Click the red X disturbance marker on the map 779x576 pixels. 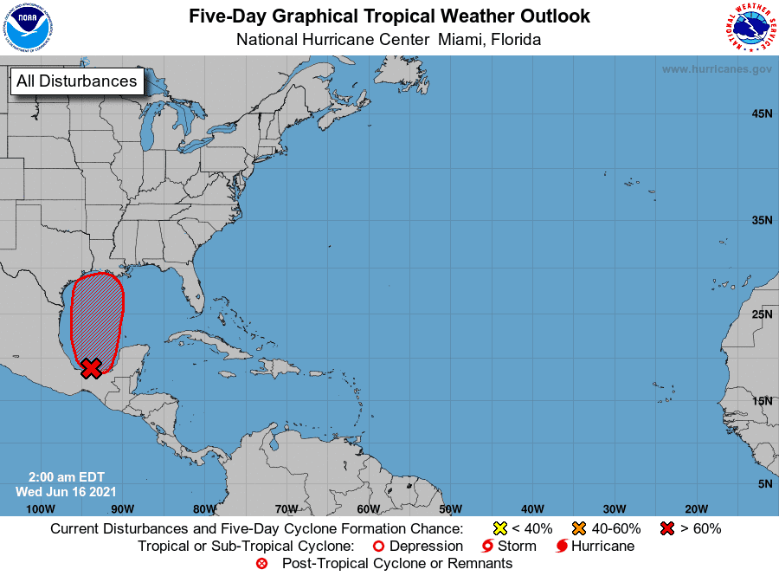[x=91, y=368]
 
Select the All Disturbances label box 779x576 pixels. [x=76, y=81]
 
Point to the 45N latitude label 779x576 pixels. [x=762, y=113]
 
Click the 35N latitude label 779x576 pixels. [x=762, y=221]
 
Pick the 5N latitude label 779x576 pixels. [x=765, y=483]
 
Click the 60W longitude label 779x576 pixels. [x=367, y=508]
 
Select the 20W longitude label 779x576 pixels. [x=696, y=508]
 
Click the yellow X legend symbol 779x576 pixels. [x=499, y=528]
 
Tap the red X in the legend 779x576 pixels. [x=666, y=528]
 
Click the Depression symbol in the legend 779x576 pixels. [x=377, y=547]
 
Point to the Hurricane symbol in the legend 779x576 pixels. [x=563, y=547]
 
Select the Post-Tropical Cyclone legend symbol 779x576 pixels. [x=262, y=564]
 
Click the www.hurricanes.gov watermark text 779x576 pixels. [x=717, y=69]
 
